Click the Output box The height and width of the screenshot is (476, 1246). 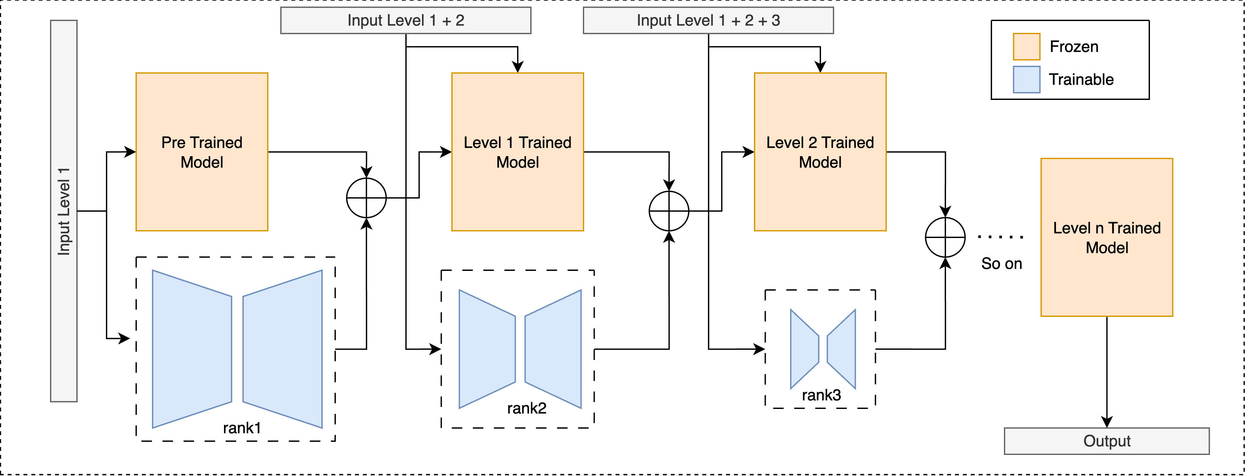tap(1107, 441)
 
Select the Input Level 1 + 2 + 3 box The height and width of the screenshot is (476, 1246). tap(708, 20)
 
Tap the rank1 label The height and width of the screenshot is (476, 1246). tap(242, 428)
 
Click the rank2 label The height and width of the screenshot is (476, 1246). tap(527, 408)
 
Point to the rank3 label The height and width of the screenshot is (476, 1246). tap(821, 395)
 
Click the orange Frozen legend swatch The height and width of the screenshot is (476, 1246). tap(1026, 46)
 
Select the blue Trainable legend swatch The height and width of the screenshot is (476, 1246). tap(1026, 79)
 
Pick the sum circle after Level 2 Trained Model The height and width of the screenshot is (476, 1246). tap(945, 237)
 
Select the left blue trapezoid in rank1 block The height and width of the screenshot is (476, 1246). tap(192, 349)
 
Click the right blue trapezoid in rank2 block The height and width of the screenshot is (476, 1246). tap(553, 349)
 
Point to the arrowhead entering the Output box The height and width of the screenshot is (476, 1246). tap(1107, 422)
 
